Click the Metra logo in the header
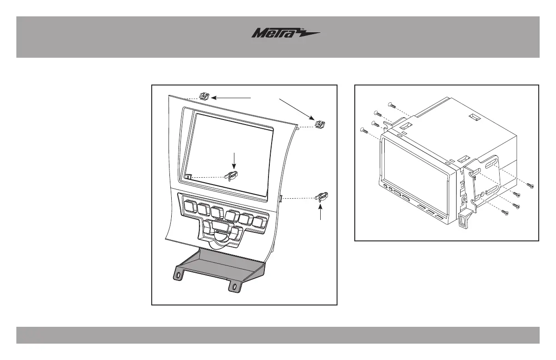click(286, 34)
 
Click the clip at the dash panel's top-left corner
click(204, 96)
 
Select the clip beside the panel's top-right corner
click(321, 123)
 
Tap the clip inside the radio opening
click(232, 175)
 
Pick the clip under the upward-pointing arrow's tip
click(321, 197)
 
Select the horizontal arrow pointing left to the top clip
click(232, 97)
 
